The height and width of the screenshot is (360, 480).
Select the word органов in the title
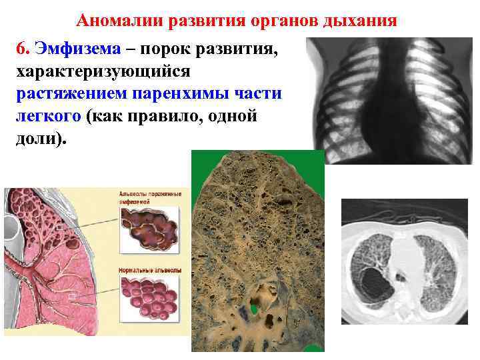pyautogui.click(x=277, y=20)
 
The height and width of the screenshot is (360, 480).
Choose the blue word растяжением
pyautogui.click(x=68, y=94)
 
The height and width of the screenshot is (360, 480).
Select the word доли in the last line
pyautogui.click(x=37, y=139)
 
